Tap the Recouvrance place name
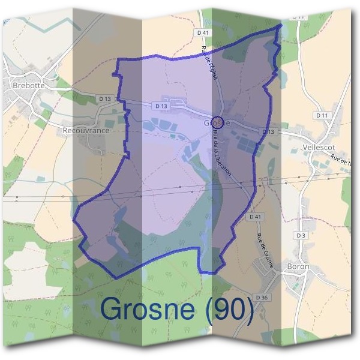pos(86,130)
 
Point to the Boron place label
pos(298,266)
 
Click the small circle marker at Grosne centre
pos(218,122)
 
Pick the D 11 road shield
pos(323,115)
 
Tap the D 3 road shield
pos(301,235)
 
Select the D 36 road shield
pos(262,297)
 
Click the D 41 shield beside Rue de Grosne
pos(256,217)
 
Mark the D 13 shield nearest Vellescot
pos(268,131)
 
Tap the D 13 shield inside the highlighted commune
pos(160,106)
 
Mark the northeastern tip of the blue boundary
pos(281,26)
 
